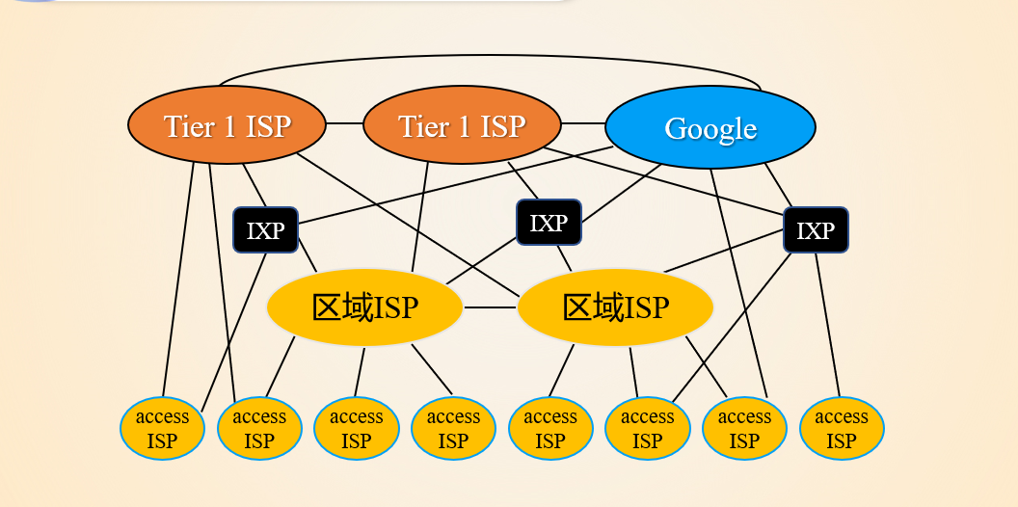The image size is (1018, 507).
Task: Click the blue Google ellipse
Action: coord(710,127)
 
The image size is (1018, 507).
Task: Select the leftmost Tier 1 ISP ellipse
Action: coord(227,125)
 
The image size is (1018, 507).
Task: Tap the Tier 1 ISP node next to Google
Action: coord(462,125)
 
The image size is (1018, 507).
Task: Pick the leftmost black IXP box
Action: coord(265,230)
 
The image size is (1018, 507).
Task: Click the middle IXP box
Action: coord(549,223)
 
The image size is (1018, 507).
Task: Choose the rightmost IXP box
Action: coord(816,230)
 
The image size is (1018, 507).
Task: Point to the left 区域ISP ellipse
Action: coord(364,307)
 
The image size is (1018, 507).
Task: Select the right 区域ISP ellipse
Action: coord(615,307)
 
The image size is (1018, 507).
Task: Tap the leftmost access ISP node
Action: coord(163,429)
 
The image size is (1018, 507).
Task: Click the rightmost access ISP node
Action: coord(842,429)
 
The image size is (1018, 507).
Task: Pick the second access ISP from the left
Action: coord(259,429)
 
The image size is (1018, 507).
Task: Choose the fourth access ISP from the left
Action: coord(453,429)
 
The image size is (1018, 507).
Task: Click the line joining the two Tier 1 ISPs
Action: coord(344,124)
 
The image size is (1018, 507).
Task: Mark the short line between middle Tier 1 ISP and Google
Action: coord(582,124)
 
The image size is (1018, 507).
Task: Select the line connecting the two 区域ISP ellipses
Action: coord(491,308)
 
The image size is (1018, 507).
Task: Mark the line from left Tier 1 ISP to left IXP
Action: coord(254,185)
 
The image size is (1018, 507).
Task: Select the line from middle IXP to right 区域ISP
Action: coord(564,257)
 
